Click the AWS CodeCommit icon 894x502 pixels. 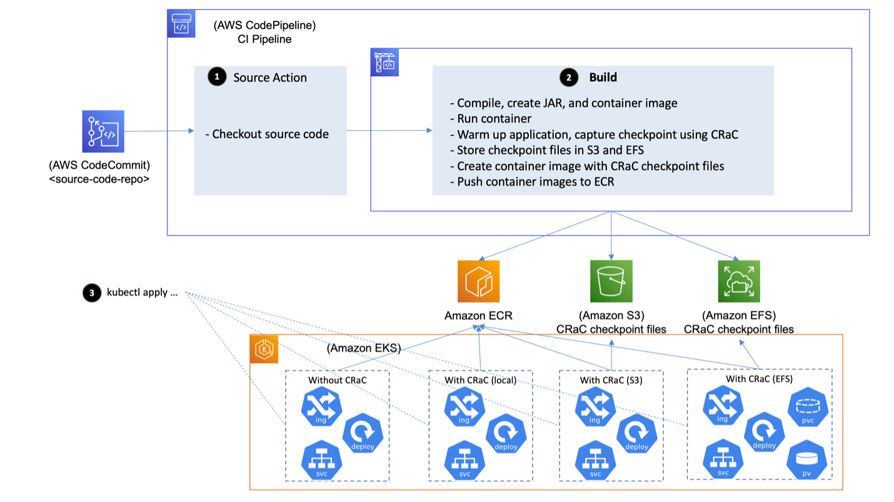click(103, 131)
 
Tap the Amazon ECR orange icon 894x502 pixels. click(479, 282)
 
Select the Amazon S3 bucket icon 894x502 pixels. click(611, 282)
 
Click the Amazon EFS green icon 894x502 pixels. click(738, 282)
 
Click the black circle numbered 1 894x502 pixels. click(217, 78)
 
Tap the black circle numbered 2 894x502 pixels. click(568, 78)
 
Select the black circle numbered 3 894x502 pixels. click(91, 293)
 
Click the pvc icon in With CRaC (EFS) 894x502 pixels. click(807, 408)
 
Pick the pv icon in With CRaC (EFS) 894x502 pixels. click(806, 461)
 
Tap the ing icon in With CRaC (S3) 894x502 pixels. click(594, 407)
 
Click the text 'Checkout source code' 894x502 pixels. click(270, 134)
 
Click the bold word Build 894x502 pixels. click(603, 78)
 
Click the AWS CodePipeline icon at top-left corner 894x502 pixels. click(181, 24)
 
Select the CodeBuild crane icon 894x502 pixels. click(384, 62)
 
